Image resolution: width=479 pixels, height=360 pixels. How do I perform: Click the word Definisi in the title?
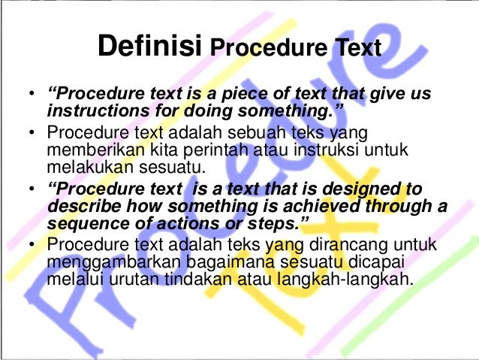150,48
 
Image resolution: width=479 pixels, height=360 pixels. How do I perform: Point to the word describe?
78,206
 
